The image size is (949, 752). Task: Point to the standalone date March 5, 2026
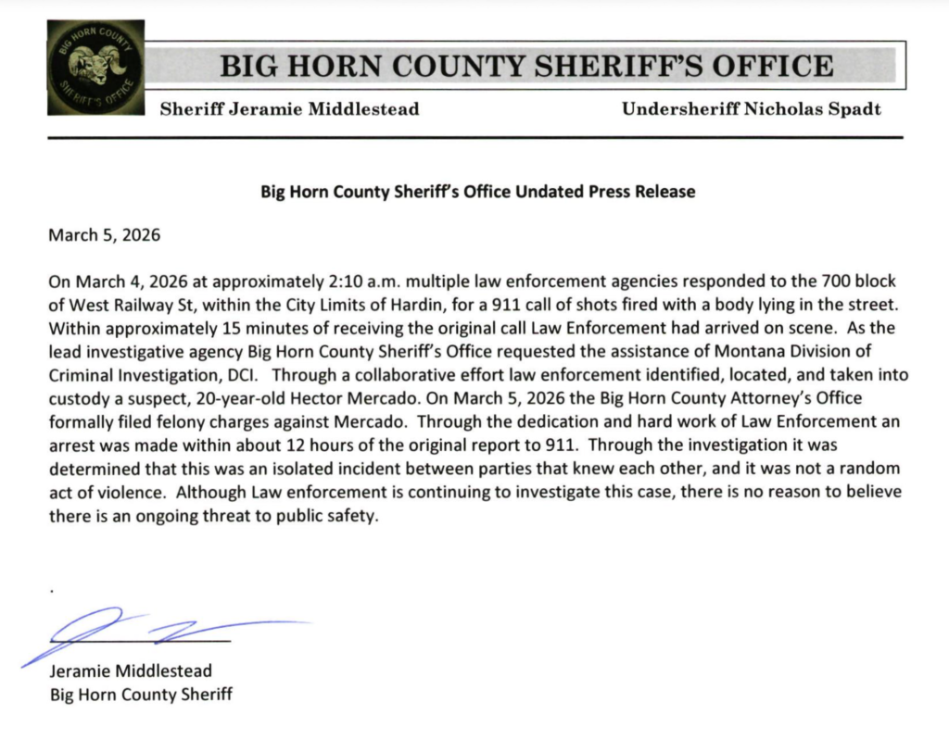tap(104, 234)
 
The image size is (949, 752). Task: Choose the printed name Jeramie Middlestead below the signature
tap(130, 671)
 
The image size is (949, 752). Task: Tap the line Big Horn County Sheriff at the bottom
tap(141, 694)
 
